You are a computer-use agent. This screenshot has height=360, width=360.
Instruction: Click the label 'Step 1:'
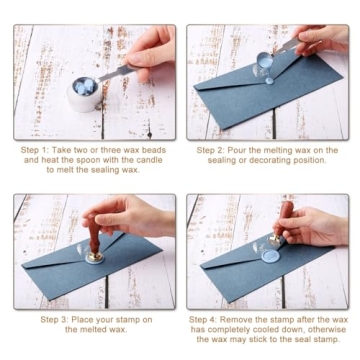(x=36, y=150)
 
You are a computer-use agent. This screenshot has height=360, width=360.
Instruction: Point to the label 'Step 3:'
(x=58, y=319)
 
